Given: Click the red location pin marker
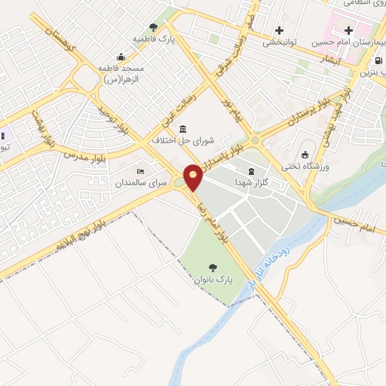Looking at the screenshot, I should pyautogui.click(x=194, y=177).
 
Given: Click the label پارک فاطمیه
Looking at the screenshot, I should pyautogui.click(x=149, y=38).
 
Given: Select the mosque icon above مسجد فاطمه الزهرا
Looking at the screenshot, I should pyautogui.click(x=121, y=57).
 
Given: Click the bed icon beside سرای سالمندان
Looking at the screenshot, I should pyautogui.click(x=139, y=170).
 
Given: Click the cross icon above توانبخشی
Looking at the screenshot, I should pyautogui.click(x=280, y=31).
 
